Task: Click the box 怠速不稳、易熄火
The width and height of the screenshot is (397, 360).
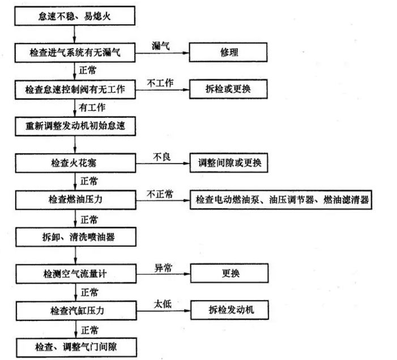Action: coord(75,16)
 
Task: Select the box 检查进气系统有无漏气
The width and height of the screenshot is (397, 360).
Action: coord(75,53)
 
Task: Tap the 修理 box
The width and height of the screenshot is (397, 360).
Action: coord(229,53)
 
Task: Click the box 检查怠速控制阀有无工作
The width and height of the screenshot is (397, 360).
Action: coord(75,90)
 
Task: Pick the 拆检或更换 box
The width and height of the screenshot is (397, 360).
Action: coord(229,90)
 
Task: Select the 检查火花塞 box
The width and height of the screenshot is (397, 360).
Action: coord(75,164)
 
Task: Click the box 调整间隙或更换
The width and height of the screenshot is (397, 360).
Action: coord(229,164)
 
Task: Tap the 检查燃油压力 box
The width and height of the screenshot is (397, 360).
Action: coord(75,200)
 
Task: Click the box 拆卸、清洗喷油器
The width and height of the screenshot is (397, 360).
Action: coord(75,237)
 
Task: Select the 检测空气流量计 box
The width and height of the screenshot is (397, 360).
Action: coord(75,273)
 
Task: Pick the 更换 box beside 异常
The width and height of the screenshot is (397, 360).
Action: coord(229,273)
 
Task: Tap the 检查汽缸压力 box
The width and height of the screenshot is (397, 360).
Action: coord(75,310)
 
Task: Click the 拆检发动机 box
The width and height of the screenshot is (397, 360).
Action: coord(229,310)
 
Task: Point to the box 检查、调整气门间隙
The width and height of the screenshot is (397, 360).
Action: coord(75,346)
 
